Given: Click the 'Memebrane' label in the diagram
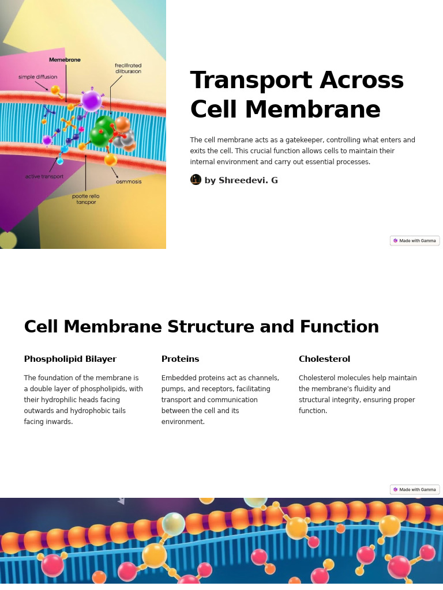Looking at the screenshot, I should (65, 60).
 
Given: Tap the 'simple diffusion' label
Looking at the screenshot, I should (37, 77).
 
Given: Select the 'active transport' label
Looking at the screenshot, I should (44, 176).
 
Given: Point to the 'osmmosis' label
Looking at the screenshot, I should (129, 181).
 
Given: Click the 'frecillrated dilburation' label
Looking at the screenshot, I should (128, 69).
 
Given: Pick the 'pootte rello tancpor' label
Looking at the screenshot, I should (86, 199).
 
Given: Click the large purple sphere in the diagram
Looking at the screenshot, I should (91, 100).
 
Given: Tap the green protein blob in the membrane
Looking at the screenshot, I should (103, 131).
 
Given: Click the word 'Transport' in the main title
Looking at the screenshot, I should (242, 80).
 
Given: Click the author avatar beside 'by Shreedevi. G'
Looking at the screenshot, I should (196, 180).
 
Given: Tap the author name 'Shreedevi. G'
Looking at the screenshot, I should (248, 180).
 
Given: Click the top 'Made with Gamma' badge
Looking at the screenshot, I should (415, 241).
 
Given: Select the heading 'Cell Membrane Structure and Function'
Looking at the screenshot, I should (201, 327).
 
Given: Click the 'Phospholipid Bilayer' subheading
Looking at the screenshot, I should (70, 359).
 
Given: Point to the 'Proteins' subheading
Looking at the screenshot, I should (180, 359).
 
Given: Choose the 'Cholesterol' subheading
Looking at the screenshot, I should (324, 359).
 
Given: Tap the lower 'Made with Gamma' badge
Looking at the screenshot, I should (415, 490).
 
